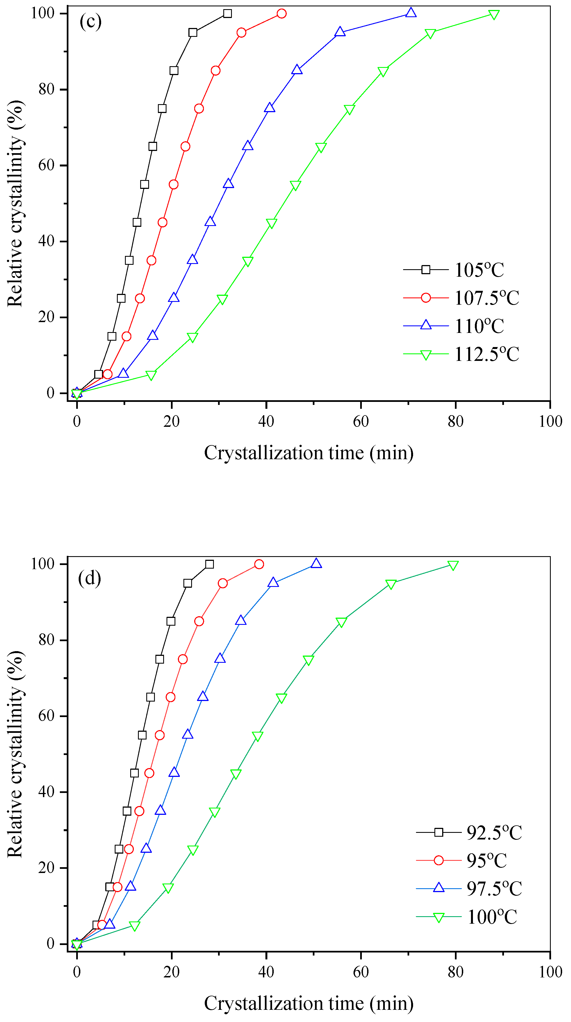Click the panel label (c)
tap(91, 21)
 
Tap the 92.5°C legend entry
tap(494, 832)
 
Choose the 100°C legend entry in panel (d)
tap(492, 917)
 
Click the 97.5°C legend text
tap(494, 889)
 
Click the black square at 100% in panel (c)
tap(227, 14)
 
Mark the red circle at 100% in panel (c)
tap(281, 14)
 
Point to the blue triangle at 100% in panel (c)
tap(411, 13)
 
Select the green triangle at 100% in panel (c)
tap(494, 15)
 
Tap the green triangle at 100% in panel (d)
tap(453, 565)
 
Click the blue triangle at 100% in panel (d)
tap(316, 563)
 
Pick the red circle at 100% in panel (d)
tap(259, 564)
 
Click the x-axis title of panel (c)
tap(308, 453)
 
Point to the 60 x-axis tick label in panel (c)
tap(361, 421)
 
